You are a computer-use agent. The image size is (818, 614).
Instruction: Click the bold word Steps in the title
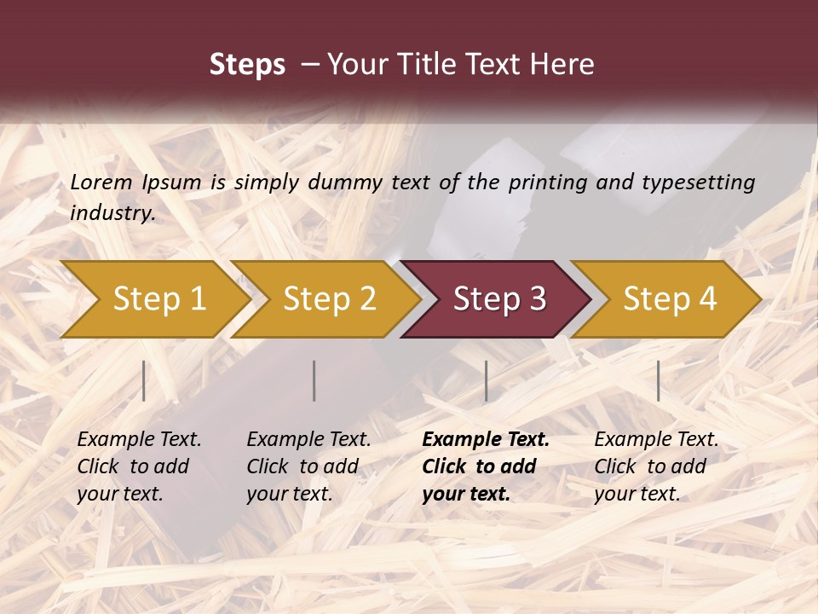[x=247, y=65]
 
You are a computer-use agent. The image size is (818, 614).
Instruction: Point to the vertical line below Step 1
[x=144, y=380]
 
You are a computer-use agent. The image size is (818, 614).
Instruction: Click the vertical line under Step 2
[x=314, y=380]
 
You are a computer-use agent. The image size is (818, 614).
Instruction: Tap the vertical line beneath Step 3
[x=486, y=380]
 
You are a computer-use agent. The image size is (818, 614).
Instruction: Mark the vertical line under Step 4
[x=658, y=380]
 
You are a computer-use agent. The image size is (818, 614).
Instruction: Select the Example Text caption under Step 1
[x=139, y=466]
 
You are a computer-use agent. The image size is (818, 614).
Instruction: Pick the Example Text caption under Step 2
[x=308, y=466]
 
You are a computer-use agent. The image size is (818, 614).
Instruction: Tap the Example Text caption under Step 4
[x=656, y=466]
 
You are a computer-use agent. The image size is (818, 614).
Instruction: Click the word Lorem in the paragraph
[x=101, y=182]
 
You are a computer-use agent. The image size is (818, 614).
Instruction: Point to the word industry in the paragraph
[x=112, y=213]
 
